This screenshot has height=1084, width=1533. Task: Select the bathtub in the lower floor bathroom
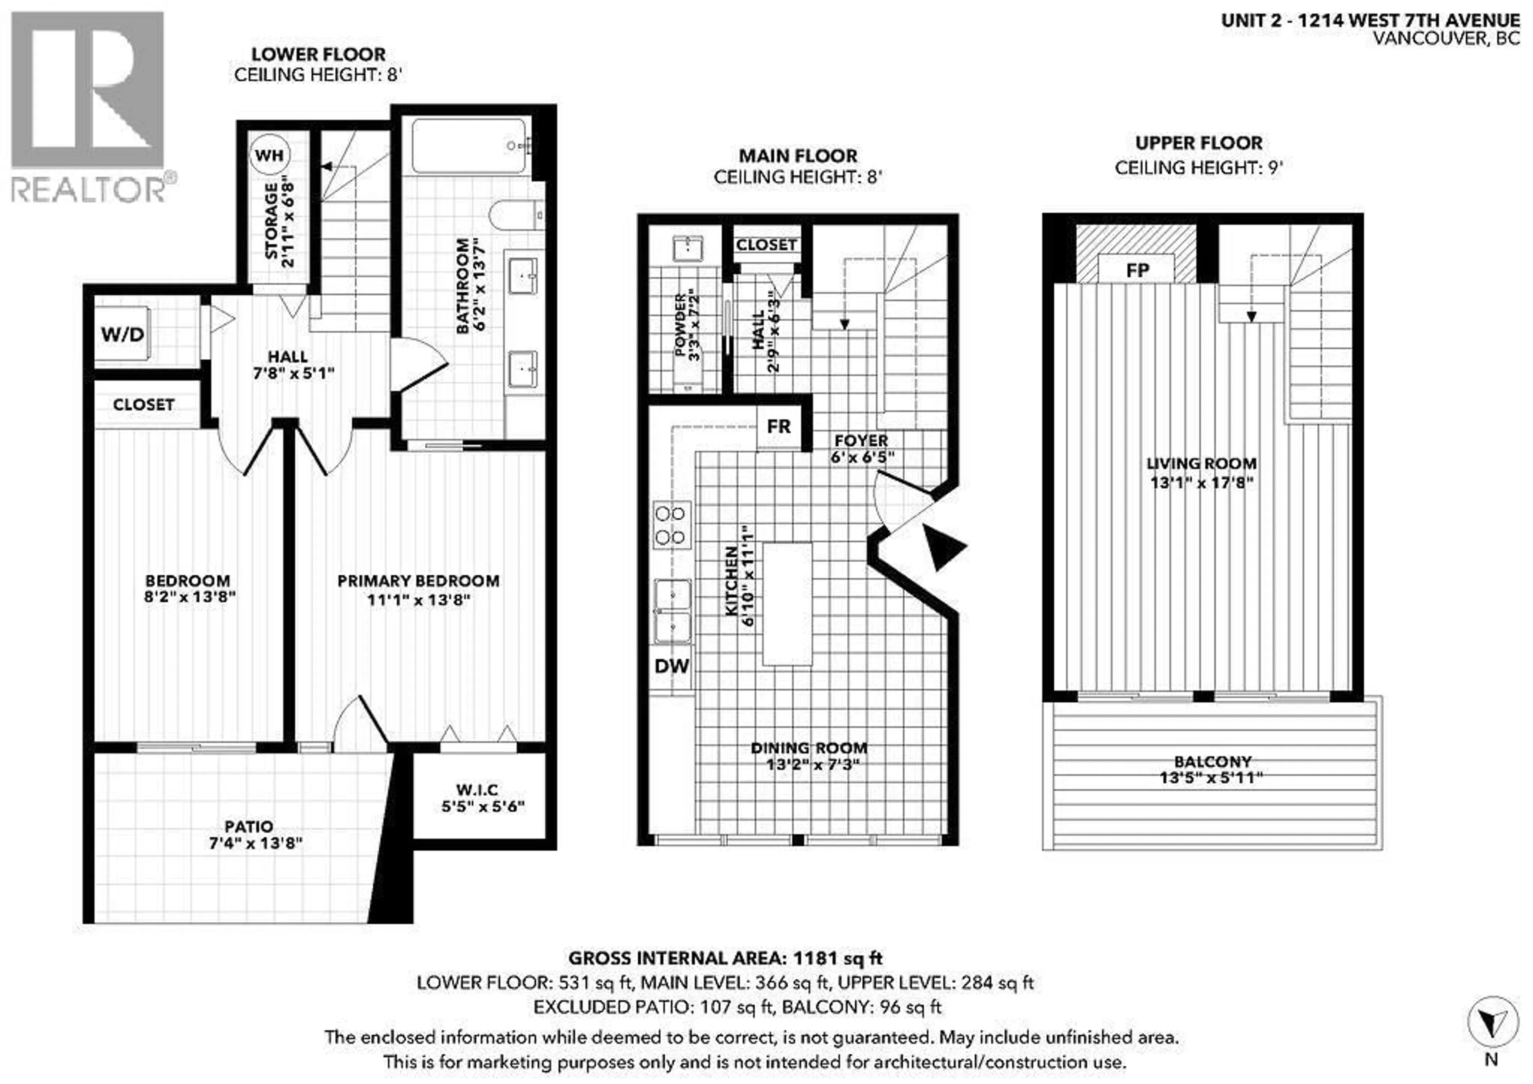pyautogui.click(x=470, y=146)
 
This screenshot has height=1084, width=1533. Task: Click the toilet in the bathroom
pyautogui.click(x=514, y=215)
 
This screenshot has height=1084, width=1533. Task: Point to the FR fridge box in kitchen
pyautogui.click(x=778, y=426)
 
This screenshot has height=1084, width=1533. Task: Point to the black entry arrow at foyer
pyautogui.click(x=943, y=546)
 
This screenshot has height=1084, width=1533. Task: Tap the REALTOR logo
pyautogui.click(x=89, y=107)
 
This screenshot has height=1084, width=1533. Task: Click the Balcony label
pyautogui.click(x=1212, y=761)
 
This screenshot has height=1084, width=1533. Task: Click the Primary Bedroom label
pyautogui.click(x=418, y=581)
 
